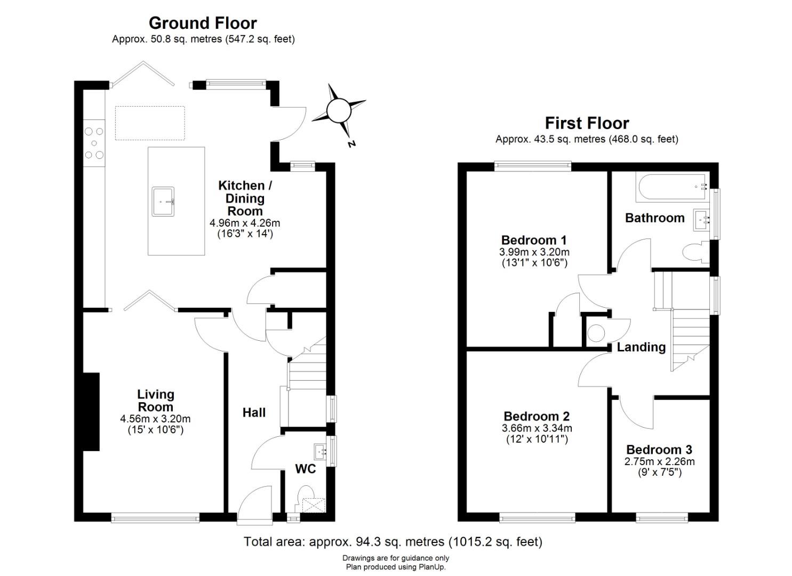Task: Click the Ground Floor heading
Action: click(203, 23)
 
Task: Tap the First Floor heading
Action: click(587, 123)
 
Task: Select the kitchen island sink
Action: click(163, 201)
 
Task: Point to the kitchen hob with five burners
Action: click(94, 143)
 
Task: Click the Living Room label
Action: click(155, 401)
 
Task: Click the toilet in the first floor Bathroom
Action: click(693, 252)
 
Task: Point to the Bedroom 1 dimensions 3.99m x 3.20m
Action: click(534, 252)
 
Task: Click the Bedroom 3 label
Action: click(659, 450)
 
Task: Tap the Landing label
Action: click(641, 347)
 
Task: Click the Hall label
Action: click(254, 412)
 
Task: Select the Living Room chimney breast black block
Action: click(91, 412)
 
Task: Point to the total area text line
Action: click(393, 542)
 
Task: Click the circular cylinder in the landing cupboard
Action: click(596, 334)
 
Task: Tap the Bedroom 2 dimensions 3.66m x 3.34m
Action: click(537, 428)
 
